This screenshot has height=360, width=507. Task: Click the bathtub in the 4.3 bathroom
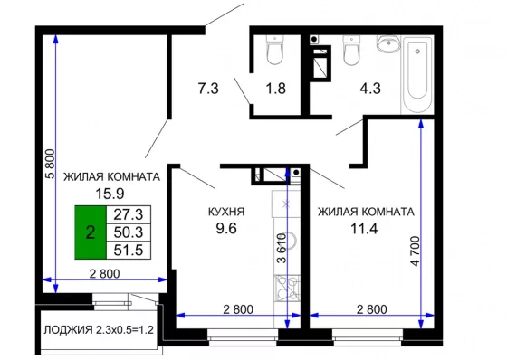point(417,75)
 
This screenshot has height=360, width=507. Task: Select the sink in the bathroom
point(388,43)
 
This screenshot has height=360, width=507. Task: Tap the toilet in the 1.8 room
point(274,50)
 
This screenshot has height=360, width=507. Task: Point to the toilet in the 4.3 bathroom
point(351,50)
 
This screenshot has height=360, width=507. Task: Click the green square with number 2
point(91,232)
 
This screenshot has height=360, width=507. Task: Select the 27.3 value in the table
point(129,214)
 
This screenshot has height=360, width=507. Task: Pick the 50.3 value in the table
point(129,232)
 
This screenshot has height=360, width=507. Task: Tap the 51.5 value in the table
point(129,250)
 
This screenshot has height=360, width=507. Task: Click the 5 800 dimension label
point(51,164)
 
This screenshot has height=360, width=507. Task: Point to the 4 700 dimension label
point(416,251)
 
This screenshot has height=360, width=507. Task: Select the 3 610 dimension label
point(282,248)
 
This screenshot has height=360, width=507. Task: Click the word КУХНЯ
point(226,212)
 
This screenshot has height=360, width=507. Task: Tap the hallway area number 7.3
point(208,89)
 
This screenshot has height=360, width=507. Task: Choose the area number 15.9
point(110,194)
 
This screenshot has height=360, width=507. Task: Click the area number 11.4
point(364,229)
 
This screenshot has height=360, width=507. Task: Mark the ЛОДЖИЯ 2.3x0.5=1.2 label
point(99,330)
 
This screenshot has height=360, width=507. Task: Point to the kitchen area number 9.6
point(226,229)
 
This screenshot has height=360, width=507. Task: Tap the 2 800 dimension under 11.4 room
point(372,309)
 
